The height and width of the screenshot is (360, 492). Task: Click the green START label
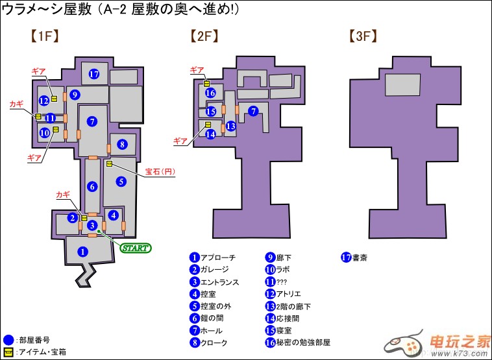135,248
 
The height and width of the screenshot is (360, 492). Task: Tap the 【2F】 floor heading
203,36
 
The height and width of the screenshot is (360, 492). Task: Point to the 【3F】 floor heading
363,36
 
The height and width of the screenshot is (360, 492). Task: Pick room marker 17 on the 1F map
94,74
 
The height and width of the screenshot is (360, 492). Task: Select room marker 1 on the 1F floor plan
82,251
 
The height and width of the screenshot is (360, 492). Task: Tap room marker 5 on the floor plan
121,182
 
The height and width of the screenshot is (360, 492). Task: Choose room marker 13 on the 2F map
230,126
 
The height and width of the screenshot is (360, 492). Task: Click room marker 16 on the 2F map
210,93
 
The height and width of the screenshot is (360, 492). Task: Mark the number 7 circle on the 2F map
253,111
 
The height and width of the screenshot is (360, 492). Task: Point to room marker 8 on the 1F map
122,144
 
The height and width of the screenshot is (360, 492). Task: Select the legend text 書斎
360,257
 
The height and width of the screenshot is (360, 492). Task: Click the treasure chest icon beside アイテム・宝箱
8,352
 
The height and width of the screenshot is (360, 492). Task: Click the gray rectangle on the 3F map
403,86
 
